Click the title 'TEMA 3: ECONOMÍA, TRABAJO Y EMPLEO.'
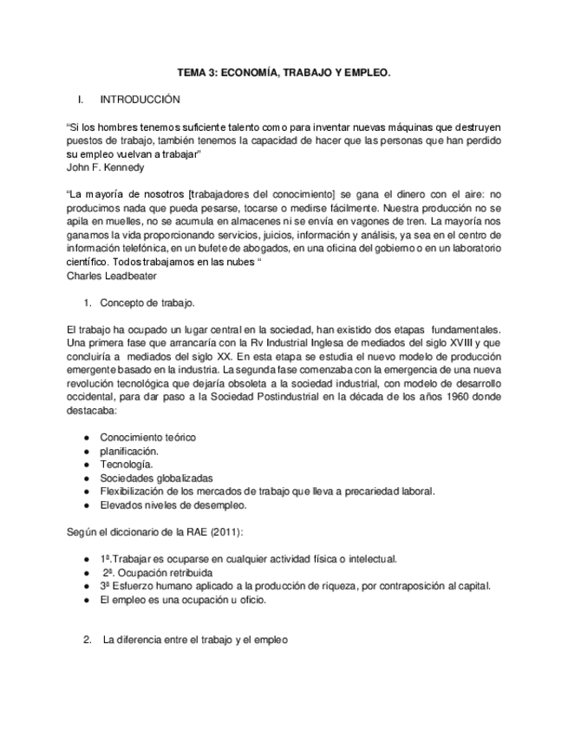pos(284,75)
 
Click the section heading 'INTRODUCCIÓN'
pos(140,100)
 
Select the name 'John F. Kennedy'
pos(105,166)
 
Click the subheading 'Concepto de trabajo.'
pos(147,303)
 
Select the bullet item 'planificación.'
pos(129,452)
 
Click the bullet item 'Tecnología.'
pos(126,465)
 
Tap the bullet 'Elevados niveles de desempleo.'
pos(173,504)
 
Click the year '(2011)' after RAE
pos(225,531)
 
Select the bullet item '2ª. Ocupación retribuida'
pos(158,572)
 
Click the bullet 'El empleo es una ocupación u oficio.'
pos(183,599)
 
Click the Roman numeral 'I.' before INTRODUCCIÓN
pos(82,100)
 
